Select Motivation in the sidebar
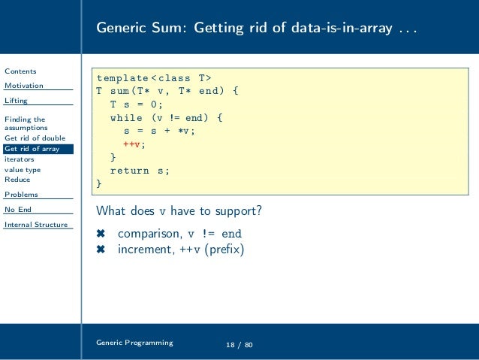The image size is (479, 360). click(24, 86)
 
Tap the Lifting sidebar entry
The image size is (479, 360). click(17, 100)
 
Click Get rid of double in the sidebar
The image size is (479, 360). click(35, 138)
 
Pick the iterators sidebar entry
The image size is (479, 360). click(20, 159)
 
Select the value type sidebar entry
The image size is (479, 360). click(23, 170)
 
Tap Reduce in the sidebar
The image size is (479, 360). click(17, 180)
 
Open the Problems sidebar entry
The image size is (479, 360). click(21, 195)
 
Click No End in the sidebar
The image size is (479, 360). click(18, 210)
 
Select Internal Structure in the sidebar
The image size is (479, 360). click(36, 225)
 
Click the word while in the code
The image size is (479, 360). click(127, 118)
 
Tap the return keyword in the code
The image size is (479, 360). click(131, 171)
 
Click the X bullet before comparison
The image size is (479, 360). click(100, 233)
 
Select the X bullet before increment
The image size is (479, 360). click(100, 250)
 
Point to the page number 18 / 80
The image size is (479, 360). click(240, 344)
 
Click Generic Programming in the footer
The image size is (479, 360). click(134, 342)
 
